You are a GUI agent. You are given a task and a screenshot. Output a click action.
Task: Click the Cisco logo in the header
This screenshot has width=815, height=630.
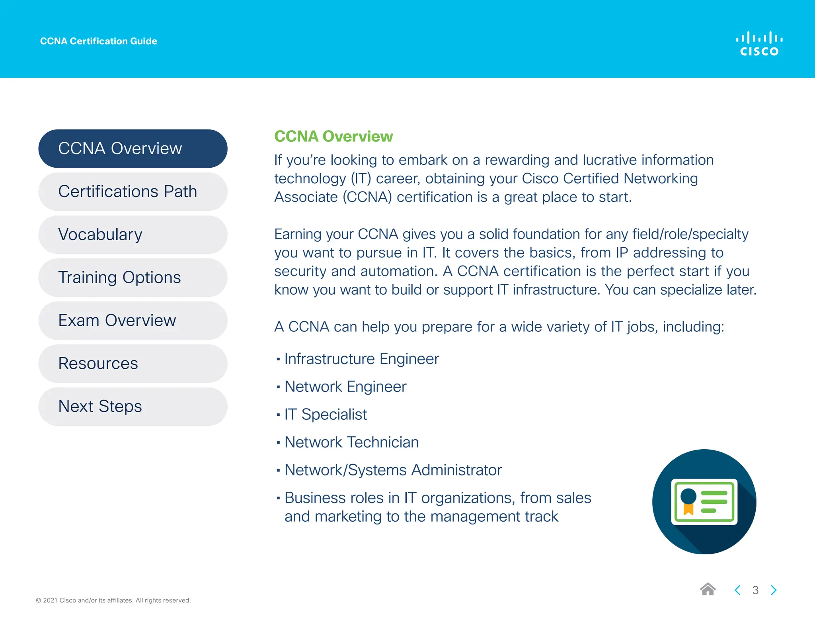point(759,44)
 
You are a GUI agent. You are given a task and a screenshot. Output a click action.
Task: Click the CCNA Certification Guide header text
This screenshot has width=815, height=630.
point(98,41)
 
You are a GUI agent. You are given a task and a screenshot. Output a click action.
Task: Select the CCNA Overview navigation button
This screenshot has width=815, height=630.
point(133,149)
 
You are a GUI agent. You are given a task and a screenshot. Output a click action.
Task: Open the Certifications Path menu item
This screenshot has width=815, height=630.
point(133,192)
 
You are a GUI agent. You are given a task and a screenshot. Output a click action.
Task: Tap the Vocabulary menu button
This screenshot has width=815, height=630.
point(133,235)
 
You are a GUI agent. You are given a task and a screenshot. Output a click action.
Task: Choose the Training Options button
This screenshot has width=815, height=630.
point(133,278)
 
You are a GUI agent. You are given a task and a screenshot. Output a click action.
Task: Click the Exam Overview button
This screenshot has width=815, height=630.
point(133,321)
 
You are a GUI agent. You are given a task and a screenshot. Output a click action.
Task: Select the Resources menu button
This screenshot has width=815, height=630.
point(133,364)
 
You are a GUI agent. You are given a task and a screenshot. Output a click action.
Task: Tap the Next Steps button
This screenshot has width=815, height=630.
point(133,407)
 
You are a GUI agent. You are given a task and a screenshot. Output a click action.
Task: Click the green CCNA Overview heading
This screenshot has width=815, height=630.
point(333,136)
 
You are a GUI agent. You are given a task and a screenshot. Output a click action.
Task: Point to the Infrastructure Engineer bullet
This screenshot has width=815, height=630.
point(361,359)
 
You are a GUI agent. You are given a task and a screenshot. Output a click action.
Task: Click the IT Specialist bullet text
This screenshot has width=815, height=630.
point(326,415)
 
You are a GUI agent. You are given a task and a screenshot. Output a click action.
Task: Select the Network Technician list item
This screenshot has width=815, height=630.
point(351,442)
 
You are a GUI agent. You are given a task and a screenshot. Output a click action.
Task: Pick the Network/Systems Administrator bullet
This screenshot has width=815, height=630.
point(393,470)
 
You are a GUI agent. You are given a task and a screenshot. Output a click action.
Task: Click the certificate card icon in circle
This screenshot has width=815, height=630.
point(704,502)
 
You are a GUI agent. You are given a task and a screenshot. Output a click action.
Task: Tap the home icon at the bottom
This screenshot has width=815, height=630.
point(708,589)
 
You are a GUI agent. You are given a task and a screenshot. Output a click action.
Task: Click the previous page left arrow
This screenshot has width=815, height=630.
point(737,590)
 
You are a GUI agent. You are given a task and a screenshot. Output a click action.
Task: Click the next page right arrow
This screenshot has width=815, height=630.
point(773,590)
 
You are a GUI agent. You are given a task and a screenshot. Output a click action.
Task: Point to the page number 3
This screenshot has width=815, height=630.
point(755,590)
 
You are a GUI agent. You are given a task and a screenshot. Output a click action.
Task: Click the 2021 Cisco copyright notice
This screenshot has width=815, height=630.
point(113,600)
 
